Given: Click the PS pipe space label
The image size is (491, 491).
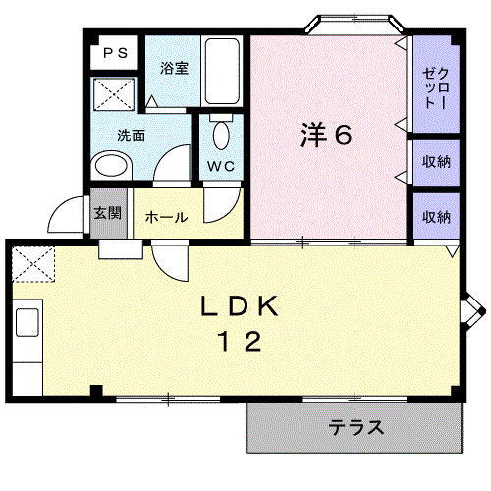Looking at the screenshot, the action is tap(115, 53).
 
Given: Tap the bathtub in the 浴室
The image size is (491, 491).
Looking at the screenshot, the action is tap(222, 71).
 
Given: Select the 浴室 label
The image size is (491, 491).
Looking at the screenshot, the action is tap(174, 68).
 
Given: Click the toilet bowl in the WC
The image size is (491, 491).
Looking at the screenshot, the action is tap(221, 136).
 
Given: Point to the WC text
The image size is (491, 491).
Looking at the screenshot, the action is tap(221, 166).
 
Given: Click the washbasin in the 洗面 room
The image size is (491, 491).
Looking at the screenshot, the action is tap(111, 166).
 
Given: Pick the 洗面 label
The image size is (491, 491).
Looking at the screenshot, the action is tap(131, 136).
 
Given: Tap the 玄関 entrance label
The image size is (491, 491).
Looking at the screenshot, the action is tap(108, 213).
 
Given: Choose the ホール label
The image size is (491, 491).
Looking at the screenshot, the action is tap(166, 217).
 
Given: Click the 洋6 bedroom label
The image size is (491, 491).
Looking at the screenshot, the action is tap(326, 135).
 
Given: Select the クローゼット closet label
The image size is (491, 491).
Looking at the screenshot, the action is tap(435, 87).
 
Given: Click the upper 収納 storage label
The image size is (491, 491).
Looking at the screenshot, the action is tap(436, 162).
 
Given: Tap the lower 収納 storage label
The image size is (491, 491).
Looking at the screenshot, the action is tap(436, 217).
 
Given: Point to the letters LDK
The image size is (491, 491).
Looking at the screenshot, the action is tap(240, 306).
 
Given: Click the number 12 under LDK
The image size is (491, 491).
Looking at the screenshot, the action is tap(240, 341).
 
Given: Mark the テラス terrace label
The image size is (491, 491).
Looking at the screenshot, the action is tap(355, 427).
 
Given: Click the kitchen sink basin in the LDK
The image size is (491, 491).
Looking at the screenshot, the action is tap(27, 322).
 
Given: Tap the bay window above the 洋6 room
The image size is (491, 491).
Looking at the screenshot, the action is tap(355, 25).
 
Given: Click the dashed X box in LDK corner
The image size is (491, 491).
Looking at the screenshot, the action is tap(33, 264).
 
